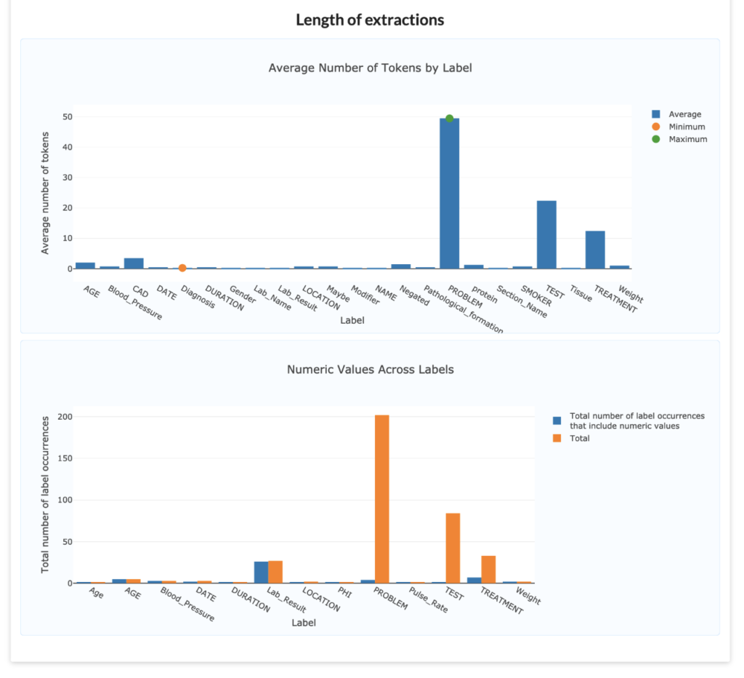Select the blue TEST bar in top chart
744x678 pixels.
click(x=546, y=235)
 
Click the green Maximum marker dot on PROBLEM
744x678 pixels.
click(x=449, y=119)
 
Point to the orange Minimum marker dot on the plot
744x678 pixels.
click(x=182, y=268)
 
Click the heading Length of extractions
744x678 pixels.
click(x=370, y=20)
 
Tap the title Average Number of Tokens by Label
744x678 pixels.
click(x=370, y=68)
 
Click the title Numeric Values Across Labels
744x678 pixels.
click(x=370, y=370)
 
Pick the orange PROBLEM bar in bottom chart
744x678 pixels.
click(x=381, y=499)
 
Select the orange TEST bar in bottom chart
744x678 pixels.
click(x=453, y=548)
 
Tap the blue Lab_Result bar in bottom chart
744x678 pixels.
click(x=261, y=572)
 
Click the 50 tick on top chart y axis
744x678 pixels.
click(x=67, y=116)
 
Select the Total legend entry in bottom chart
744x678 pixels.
click(x=579, y=438)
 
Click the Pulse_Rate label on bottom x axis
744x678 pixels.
click(x=428, y=602)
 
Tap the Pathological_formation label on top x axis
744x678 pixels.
click(x=464, y=310)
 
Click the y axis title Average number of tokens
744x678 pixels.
click(x=45, y=193)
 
